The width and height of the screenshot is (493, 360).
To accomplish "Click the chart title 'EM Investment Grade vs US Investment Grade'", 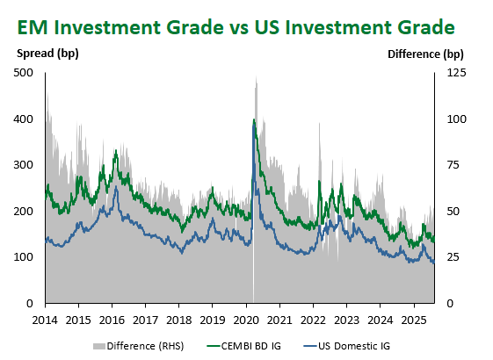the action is click(236, 27).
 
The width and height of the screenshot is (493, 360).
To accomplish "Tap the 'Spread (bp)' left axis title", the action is click(47, 54).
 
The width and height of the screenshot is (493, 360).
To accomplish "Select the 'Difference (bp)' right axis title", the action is click(425, 54).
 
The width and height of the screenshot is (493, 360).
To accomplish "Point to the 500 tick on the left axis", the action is click(23, 73).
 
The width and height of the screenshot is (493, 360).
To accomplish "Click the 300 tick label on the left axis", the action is click(23, 165).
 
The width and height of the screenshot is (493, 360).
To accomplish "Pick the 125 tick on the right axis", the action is click(456, 73).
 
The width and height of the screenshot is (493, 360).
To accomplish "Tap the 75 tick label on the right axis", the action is click(453, 165).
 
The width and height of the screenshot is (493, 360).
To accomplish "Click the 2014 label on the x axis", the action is click(45, 320).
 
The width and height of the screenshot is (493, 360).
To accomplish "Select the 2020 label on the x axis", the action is click(246, 320).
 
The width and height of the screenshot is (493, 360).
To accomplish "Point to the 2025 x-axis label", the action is click(414, 320).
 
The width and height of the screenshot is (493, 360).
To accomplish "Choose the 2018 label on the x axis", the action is click(179, 320).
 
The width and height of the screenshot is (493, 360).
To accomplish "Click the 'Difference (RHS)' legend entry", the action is click(138, 346).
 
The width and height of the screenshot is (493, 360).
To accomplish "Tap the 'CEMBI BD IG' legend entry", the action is click(244, 346).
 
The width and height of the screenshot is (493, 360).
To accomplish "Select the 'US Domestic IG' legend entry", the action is click(347, 346).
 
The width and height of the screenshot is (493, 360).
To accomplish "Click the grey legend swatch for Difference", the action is click(98, 346).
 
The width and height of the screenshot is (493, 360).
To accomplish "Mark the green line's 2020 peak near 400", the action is click(254, 119).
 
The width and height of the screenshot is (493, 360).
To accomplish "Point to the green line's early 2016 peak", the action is click(116, 151).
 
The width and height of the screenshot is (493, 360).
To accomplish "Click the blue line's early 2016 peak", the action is click(116, 187).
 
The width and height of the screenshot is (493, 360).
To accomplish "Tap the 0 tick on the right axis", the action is click(450, 304).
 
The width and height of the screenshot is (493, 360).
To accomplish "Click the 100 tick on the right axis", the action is click(456, 119).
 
